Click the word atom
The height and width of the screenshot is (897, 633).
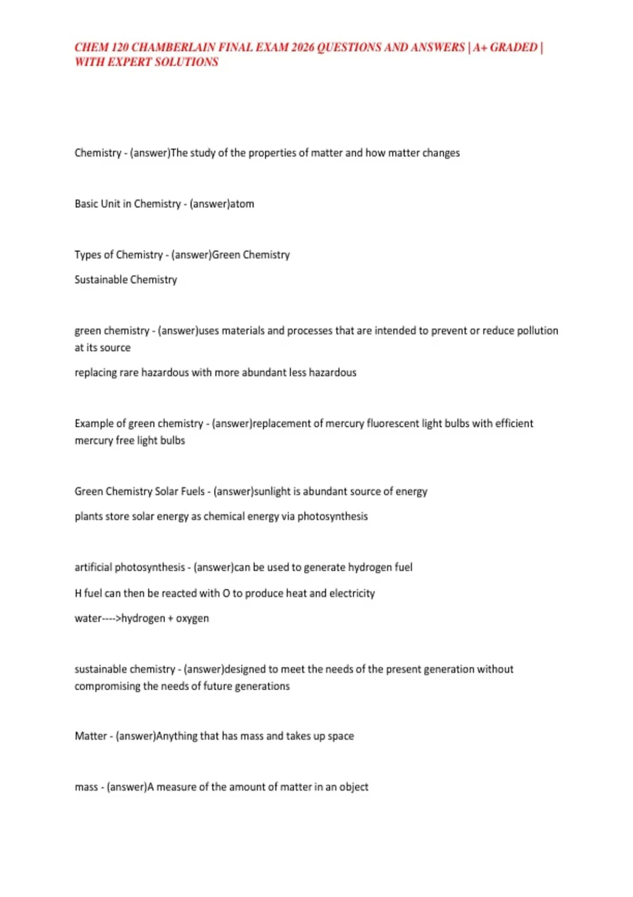point(242,204)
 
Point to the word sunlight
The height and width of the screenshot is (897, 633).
point(272,492)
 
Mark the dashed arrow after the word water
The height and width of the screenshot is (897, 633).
point(111,618)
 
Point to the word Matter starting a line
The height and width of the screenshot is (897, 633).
point(91,736)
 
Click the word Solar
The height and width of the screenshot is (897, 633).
point(166,492)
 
